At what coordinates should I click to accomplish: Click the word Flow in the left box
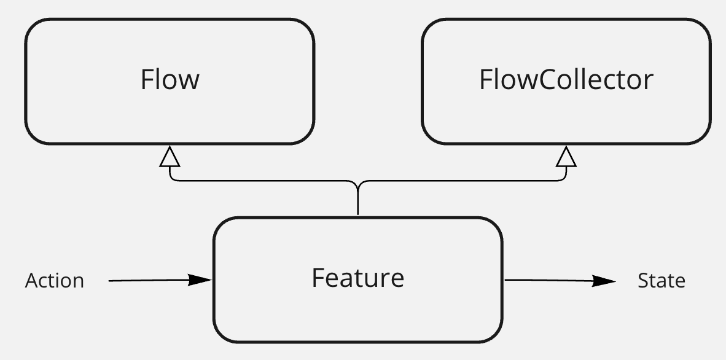pos(170,80)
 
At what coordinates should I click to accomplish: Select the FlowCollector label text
pos(566,80)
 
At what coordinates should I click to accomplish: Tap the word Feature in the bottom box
pos(357,278)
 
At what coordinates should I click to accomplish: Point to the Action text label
pos(55,281)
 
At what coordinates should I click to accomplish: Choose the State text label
pos(662,281)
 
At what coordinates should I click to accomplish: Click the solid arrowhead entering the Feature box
pos(200,280)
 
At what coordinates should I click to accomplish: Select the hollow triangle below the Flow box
pos(170,157)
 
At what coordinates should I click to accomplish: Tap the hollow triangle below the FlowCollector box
pos(566,157)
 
